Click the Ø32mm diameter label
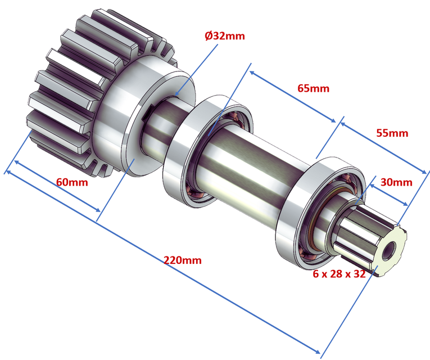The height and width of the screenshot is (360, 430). pos(225,35)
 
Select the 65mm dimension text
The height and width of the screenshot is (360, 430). pos(313,88)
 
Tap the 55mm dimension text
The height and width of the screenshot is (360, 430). pos(391,133)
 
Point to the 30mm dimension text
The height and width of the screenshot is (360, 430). pos(396,182)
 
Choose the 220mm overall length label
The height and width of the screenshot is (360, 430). pos(182,260)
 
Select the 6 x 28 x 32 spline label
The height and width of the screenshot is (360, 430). pos(340,274)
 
